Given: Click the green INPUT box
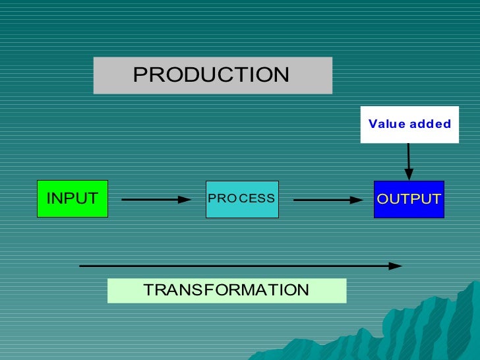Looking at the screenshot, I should [x=73, y=198].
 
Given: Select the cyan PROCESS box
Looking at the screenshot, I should [x=242, y=199].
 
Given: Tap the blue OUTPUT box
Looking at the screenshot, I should [x=409, y=199].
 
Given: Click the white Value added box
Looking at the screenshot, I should [x=409, y=124].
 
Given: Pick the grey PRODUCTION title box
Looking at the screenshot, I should [x=212, y=75].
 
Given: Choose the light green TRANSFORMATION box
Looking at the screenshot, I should [x=226, y=290].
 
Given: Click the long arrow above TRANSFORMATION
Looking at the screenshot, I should [x=237, y=266].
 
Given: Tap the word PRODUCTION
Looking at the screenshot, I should [x=211, y=75].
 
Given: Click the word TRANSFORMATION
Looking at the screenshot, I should [x=226, y=290].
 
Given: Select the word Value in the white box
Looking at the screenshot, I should [x=387, y=124].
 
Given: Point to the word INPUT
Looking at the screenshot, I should [x=72, y=198].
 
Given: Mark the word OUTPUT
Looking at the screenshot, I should [x=409, y=199].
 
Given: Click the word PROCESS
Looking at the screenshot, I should [x=241, y=198].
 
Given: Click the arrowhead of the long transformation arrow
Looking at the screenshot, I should [x=396, y=266].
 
